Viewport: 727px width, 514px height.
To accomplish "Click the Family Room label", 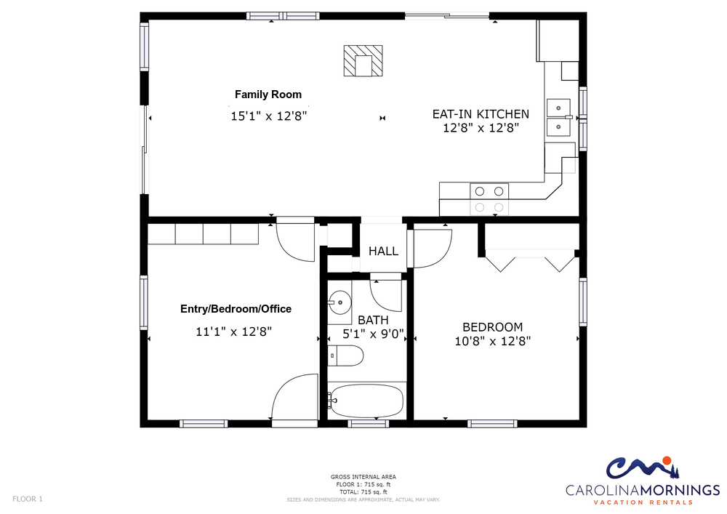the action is click(x=268, y=95).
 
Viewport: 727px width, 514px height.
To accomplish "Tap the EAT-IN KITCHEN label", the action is click(x=481, y=114).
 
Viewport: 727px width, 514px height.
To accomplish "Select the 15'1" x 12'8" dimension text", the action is click(x=269, y=116).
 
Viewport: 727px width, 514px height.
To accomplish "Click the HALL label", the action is click(x=383, y=252).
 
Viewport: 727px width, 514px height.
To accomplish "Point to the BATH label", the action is click(x=373, y=321).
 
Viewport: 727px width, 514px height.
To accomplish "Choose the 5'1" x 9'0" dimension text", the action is click(x=373, y=334).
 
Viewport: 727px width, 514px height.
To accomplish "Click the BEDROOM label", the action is click(x=492, y=327).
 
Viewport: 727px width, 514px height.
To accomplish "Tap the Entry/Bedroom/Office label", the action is click(x=236, y=309).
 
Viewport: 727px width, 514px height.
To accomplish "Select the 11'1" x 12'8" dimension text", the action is click(x=233, y=332).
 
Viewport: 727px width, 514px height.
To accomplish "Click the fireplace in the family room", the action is click(x=363, y=61).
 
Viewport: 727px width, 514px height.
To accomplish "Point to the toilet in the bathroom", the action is click(x=345, y=356).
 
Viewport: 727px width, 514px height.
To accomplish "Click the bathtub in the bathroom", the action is click(x=366, y=401).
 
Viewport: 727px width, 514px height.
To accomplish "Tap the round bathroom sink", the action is click(x=340, y=302).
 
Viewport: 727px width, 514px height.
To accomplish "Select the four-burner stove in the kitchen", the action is click(x=489, y=199).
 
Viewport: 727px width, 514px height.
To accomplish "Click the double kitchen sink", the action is click(x=558, y=117).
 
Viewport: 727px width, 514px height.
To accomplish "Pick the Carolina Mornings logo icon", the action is click(x=642, y=467).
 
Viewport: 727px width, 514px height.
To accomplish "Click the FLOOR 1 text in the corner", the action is click(x=28, y=499).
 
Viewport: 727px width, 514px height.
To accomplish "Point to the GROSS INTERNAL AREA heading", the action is click(x=363, y=477).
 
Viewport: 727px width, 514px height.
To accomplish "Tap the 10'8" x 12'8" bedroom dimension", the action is click(x=492, y=342).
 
